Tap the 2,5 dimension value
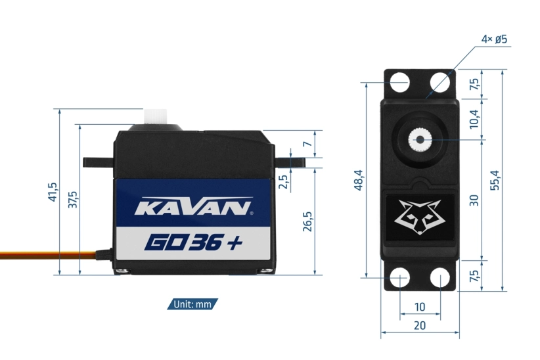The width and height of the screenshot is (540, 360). click(x=284, y=181)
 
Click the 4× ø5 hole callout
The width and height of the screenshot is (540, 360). click(x=494, y=39)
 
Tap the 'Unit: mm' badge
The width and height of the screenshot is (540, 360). click(x=193, y=304)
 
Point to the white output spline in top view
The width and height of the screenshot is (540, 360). click(x=418, y=139)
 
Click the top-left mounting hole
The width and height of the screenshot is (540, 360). click(x=400, y=82)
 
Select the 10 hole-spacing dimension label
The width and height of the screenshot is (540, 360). click(x=420, y=307)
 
